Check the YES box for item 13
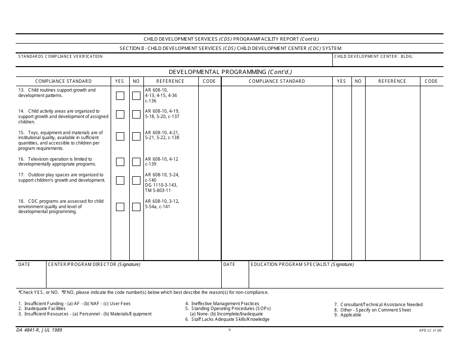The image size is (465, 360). point(120,96)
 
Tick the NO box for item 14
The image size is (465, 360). point(136,115)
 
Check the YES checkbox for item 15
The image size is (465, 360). point(120,136)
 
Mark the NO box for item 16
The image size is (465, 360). point(136,162)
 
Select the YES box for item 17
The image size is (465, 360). point(120,180)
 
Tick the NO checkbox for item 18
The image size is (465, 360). point(136,207)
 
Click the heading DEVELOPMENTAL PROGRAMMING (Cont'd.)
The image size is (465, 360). point(230,72)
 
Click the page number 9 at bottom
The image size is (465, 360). point(230,330)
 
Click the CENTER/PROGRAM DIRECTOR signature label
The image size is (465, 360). point(93,264)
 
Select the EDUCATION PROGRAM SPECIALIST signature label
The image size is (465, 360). point(302,264)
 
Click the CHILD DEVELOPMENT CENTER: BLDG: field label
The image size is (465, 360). point(373,57)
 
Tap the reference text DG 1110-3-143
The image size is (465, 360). point(161,185)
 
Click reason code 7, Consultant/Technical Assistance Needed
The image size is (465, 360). point(378,305)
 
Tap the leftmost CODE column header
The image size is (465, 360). point(209,81)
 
